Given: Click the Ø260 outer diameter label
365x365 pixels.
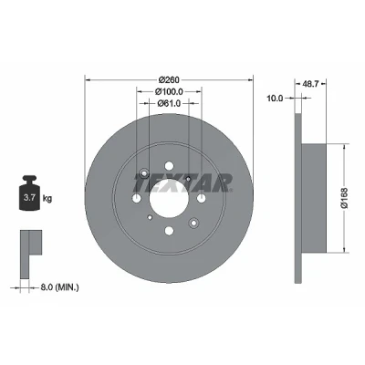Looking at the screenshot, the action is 169,79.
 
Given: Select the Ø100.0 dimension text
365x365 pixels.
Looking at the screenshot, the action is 169,91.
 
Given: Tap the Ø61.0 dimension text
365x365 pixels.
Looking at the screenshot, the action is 169,103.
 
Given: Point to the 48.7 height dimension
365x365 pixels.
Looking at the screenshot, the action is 310,84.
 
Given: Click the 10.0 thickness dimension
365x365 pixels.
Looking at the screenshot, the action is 275,99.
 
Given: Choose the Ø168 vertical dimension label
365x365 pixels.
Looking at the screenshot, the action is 345,198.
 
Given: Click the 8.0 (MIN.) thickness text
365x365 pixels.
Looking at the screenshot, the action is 59,287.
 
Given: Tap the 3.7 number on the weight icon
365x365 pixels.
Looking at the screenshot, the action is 29,198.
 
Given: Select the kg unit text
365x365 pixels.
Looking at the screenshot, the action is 47,199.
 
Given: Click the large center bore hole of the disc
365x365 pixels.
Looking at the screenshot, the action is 169,198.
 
